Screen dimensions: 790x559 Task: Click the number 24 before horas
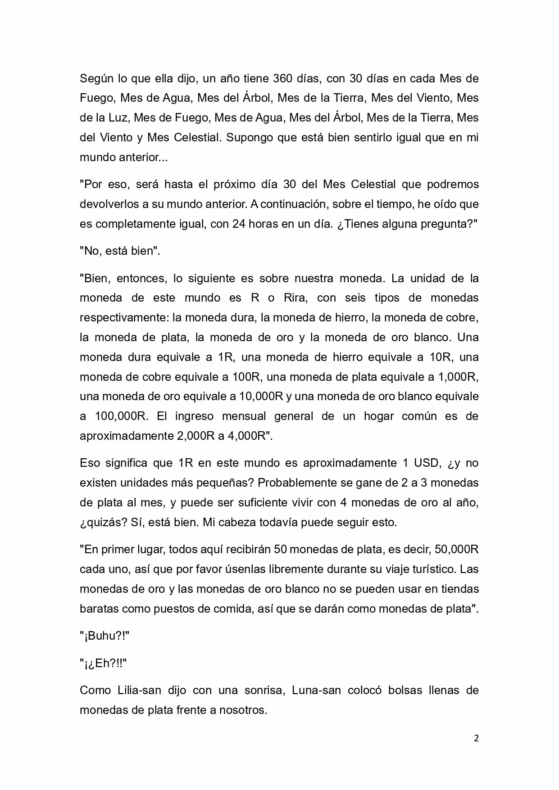click(239, 224)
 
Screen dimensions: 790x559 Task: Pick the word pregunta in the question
click(446, 224)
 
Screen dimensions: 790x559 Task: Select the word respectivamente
click(123, 318)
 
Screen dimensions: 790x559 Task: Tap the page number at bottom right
click(476, 738)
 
